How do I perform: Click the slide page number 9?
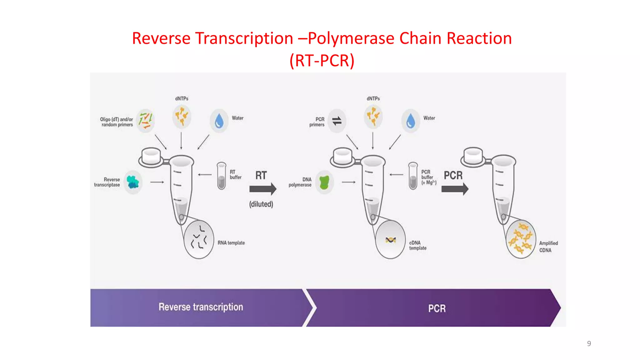click(589, 343)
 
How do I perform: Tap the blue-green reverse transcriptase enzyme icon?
click(133, 182)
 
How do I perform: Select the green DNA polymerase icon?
click(324, 182)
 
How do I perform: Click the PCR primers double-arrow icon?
click(337, 121)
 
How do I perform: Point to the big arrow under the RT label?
click(263, 189)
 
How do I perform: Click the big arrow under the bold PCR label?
click(455, 189)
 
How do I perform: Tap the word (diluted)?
click(261, 204)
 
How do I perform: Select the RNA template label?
click(231, 243)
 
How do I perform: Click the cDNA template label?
click(417, 245)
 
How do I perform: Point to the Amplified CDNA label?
click(548, 247)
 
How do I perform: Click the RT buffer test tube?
click(222, 176)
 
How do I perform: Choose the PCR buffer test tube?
click(413, 176)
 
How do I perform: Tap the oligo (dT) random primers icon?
click(146, 121)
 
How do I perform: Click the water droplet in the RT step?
click(219, 121)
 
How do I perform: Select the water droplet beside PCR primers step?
click(411, 121)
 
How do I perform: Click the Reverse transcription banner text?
click(201, 307)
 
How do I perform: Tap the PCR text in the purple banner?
click(437, 308)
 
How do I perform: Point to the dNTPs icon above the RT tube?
click(182, 116)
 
